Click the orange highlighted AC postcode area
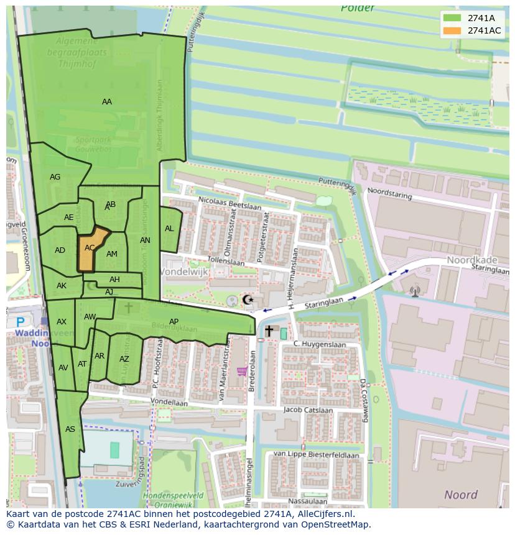coord(91,249)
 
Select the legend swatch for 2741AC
coord(452,30)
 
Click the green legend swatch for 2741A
coord(452,18)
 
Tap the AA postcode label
coord(107,102)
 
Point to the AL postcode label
coord(169,229)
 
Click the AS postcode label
coord(70,429)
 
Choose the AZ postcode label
coord(124,359)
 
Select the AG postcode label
coord(55,177)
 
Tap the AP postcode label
coord(174,321)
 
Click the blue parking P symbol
coord(21,322)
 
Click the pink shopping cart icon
coord(242,372)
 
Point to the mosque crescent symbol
coord(248,300)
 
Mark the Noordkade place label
coord(471,261)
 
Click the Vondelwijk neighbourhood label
coord(184,272)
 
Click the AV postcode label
coord(63,367)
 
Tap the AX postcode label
coord(62,321)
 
